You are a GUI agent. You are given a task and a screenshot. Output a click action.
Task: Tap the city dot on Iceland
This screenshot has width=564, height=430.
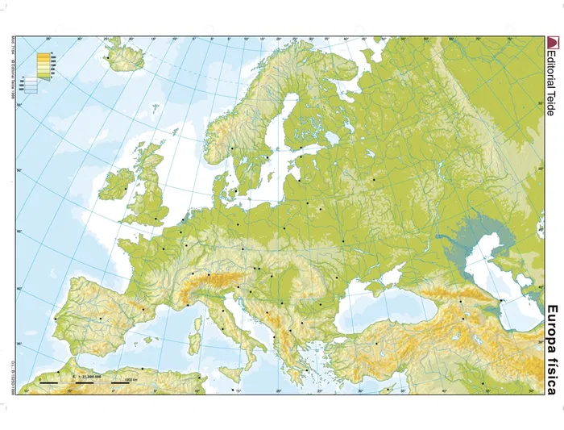107,57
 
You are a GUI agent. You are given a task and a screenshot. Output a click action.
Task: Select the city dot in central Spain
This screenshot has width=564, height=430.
101,320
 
